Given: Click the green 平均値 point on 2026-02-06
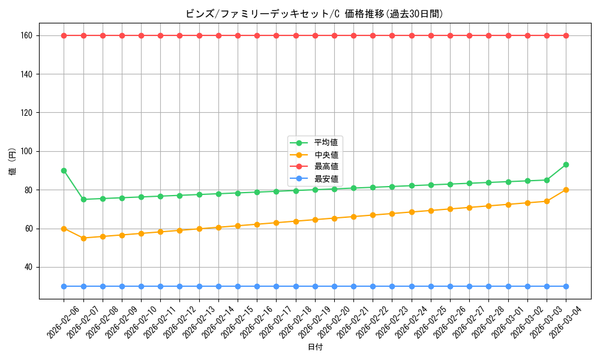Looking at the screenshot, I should click(x=64, y=170).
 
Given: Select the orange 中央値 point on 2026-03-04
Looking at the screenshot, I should click(x=566, y=190).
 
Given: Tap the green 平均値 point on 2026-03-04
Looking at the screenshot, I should click(x=566, y=164).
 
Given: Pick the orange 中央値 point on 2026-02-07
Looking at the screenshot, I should click(x=83, y=238).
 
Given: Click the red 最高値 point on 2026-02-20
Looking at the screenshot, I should click(x=334, y=35).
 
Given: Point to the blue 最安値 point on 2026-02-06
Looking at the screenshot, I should click(x=64, y=286).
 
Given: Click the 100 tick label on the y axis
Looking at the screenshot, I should click(x=28, y=151).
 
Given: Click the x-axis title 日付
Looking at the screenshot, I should click(x=315, y=347).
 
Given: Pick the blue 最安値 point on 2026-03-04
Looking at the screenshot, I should click(x=566, y=286).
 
